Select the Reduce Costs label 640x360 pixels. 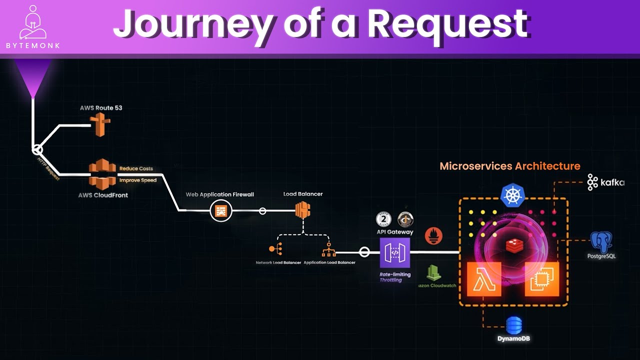tap(136, 168)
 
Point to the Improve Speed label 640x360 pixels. tap(137, 180)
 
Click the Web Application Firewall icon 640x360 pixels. tap(220, 211)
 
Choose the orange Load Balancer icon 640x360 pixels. tap(302, 210)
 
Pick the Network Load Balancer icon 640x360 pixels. tap(275, 248)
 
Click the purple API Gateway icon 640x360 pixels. tap(394, 253)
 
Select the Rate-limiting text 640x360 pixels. tap(395, 274)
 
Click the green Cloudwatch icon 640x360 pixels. tap(433, 272)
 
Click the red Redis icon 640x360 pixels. tap(513, 244)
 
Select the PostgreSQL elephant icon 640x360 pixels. tap(601, 241)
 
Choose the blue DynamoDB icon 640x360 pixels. tap(513, 325)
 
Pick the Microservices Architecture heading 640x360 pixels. tap(509, 166)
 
